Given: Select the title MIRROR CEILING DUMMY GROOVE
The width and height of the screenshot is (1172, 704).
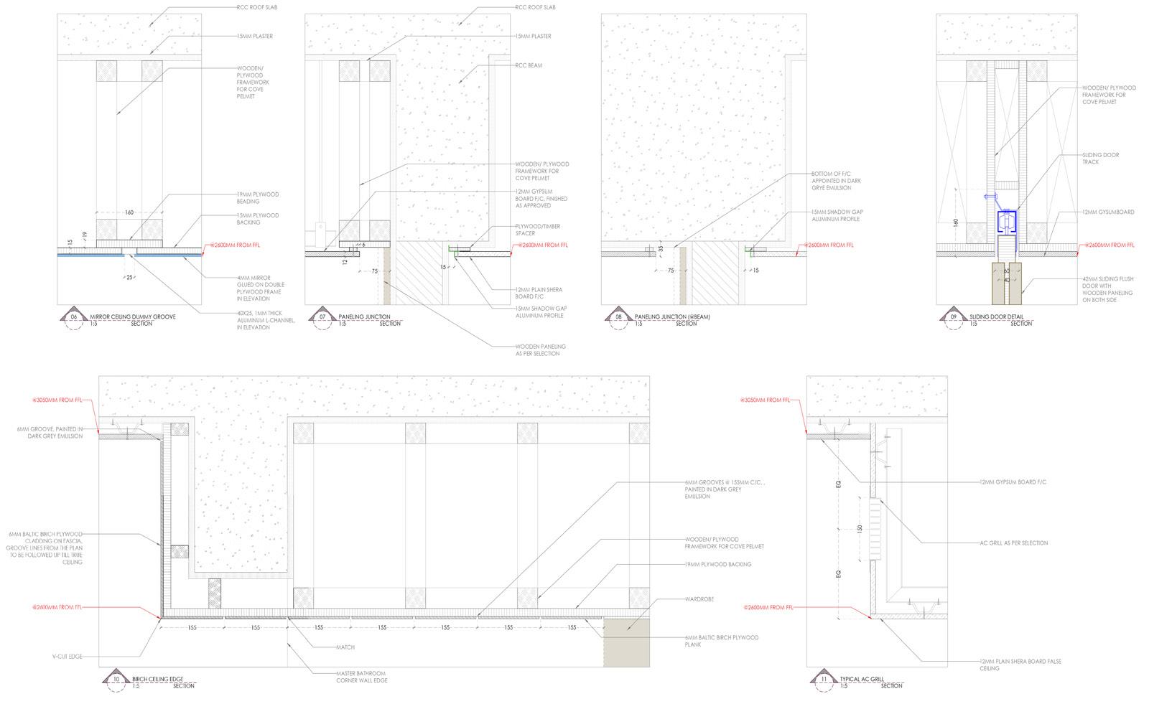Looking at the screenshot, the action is coord(132,316).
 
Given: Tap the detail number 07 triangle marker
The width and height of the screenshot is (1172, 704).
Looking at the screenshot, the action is coord(321,316).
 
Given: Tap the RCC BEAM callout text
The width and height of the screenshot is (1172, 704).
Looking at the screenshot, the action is coord(528,65).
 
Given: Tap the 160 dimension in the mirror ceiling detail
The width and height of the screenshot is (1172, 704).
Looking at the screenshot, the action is coord(129,212).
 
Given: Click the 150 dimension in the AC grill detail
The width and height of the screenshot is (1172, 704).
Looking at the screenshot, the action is coord(859,529).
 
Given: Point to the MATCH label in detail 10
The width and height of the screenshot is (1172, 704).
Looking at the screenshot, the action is coord(345,647).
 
